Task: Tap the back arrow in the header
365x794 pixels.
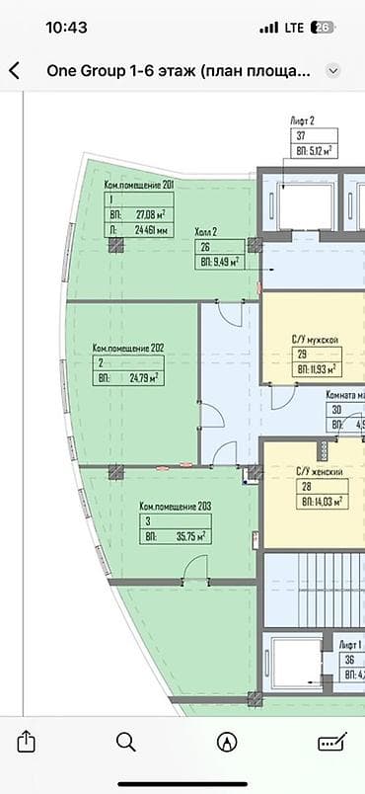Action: pyautogui.click(x=14, y=71)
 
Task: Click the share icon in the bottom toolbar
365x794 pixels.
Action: pyautogui.click(x=27, y=742)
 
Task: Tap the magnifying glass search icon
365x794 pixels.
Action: pyautogui.click(x=126, y=742)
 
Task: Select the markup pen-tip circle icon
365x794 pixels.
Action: pyautogui.click(x=228, y=742)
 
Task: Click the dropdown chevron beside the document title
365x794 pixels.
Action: pyautogui.click(x=333, y=71)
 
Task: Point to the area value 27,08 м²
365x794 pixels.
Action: pyautogui.click(x=149, y=212)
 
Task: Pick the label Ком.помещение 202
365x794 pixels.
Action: pyautogui.click(x=127, y=348)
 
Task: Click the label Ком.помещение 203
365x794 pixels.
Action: pyautogui.click(x=176, y=506)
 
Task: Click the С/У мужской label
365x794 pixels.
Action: pyautogui.click(x=316, y=340)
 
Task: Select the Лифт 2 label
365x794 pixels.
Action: pyautogui.click(x=303, y=119)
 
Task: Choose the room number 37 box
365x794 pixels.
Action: pyautogui.click(x=300, y=136)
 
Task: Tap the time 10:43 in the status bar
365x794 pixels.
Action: pyautogui.click(x=67, y=28)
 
